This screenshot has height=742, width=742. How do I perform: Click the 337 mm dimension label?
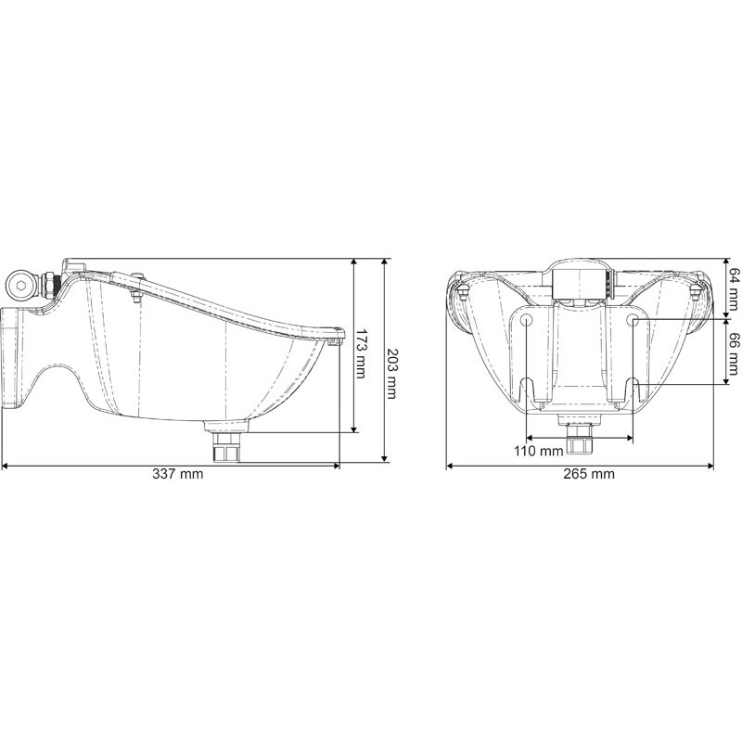pos(177,474)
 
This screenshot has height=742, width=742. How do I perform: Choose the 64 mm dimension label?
pos(733,286)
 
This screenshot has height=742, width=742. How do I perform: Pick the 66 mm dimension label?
pos(733,352)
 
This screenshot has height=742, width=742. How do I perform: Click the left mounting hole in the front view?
pos(526,320)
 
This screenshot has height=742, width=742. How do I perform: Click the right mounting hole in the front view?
pos(633,320)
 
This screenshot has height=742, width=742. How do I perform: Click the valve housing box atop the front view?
pos(579,281)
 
